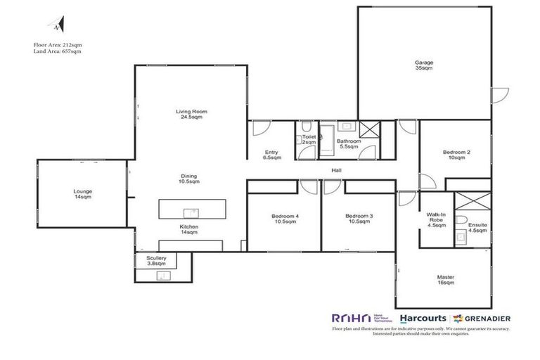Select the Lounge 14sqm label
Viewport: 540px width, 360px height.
click(x=83, y=195)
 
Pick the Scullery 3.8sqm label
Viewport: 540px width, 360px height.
click(x=156, y=261)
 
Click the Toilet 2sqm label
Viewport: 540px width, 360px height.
click(x=309, y=140)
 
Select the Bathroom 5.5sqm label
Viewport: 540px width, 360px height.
click(x=349, y=143)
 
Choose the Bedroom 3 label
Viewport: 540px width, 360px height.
click(x=359, y=219)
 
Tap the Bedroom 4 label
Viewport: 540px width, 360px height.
click(x=287, y=219)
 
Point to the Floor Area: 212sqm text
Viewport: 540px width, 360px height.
click(x=57, y=44)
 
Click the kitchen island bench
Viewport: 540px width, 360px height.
click(x=191, y=210)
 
